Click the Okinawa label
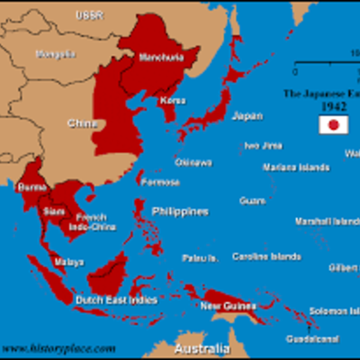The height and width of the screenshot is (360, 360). pyautogui.click(x=193, y=162)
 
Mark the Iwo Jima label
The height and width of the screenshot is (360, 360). pyautogui.click(x=264, y=145)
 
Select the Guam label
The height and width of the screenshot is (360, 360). pyautogui.click(x=252, y=201)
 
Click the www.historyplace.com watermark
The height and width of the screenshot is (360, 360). pyautogui.click(x=58, y=347)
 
